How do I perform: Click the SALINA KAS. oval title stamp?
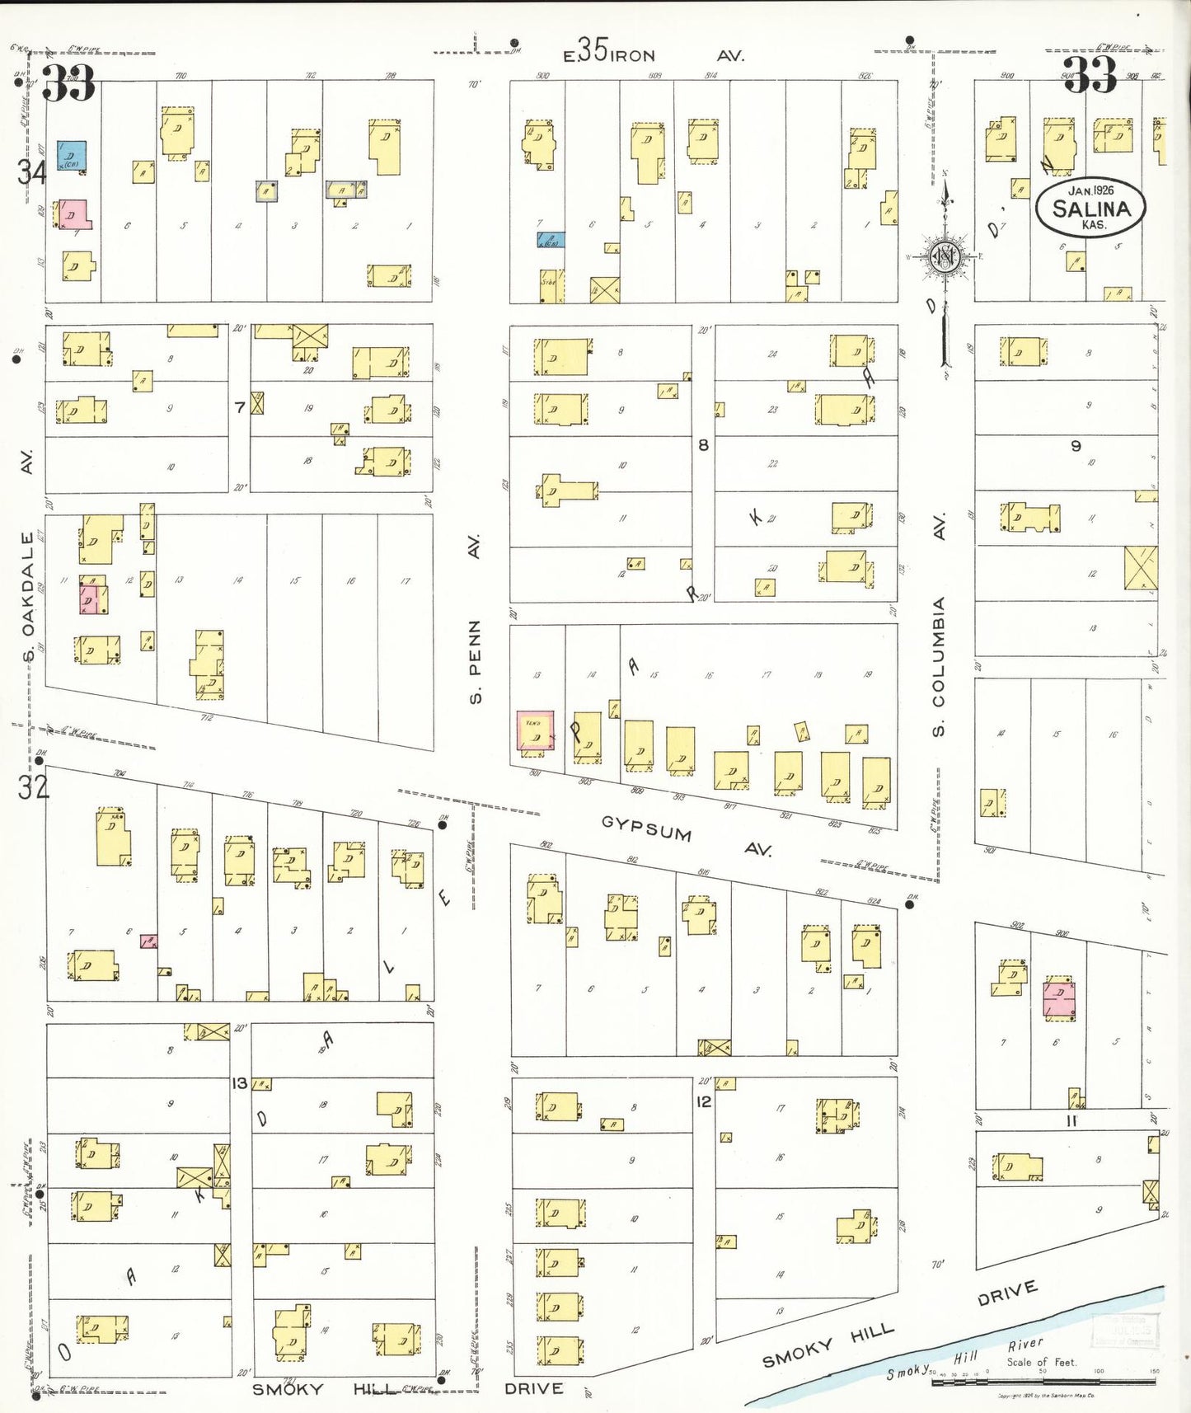1090,208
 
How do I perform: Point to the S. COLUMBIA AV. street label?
939,627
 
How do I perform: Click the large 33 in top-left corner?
68,82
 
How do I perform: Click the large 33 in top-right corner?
1090,76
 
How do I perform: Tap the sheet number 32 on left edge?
34,787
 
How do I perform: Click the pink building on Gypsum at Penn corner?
535,730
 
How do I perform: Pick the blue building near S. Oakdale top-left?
71,155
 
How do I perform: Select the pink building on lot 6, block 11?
1059,999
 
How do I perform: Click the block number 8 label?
703,445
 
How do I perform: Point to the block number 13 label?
239,1082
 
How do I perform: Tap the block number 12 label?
703,1101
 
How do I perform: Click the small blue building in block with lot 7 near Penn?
551,240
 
